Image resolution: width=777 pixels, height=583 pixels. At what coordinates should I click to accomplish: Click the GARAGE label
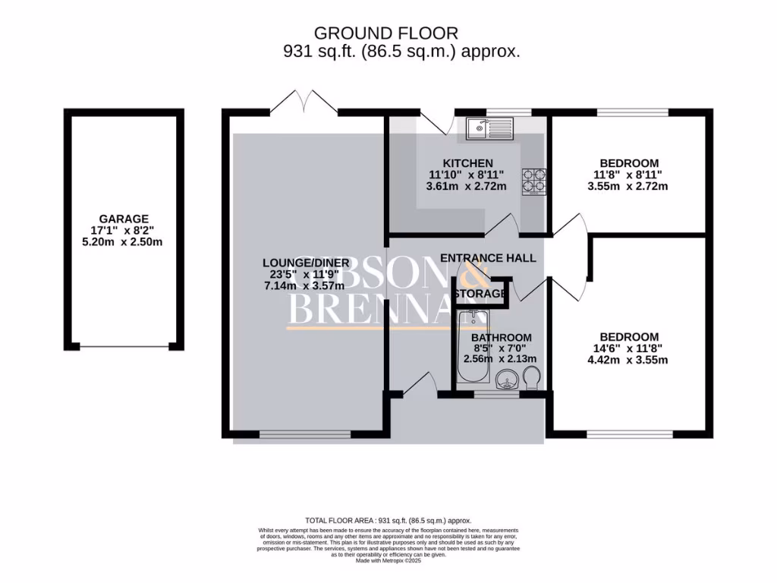(x=124, y=218)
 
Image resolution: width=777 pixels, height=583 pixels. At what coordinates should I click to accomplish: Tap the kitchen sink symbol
(x=490, y=128)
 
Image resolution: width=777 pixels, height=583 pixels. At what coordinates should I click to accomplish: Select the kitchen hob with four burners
(x=533, y=181)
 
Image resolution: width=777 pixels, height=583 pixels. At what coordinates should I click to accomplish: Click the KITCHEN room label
(x=468, y=163)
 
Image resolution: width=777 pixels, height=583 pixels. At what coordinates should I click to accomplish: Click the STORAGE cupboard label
(x=481, y=294)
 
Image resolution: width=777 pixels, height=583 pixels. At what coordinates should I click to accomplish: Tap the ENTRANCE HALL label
(x=488, y=258)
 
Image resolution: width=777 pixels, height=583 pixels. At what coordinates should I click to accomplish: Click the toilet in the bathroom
(x=533, y=377)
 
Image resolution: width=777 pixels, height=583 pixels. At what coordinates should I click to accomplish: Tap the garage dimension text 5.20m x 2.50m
(x=124, y=242)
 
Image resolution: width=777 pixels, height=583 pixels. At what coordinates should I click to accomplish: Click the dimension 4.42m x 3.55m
(x=629, y=361)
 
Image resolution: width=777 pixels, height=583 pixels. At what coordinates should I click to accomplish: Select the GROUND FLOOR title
(x=386, y=33)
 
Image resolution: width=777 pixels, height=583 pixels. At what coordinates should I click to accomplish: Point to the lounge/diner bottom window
(x=305, y=435)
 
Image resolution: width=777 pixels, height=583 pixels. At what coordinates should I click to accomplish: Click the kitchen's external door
(x=436, y=119)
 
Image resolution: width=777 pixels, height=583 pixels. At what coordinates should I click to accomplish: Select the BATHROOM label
(x=502, y=337)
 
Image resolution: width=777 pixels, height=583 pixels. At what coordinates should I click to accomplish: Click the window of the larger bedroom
(x=628, y=435)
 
